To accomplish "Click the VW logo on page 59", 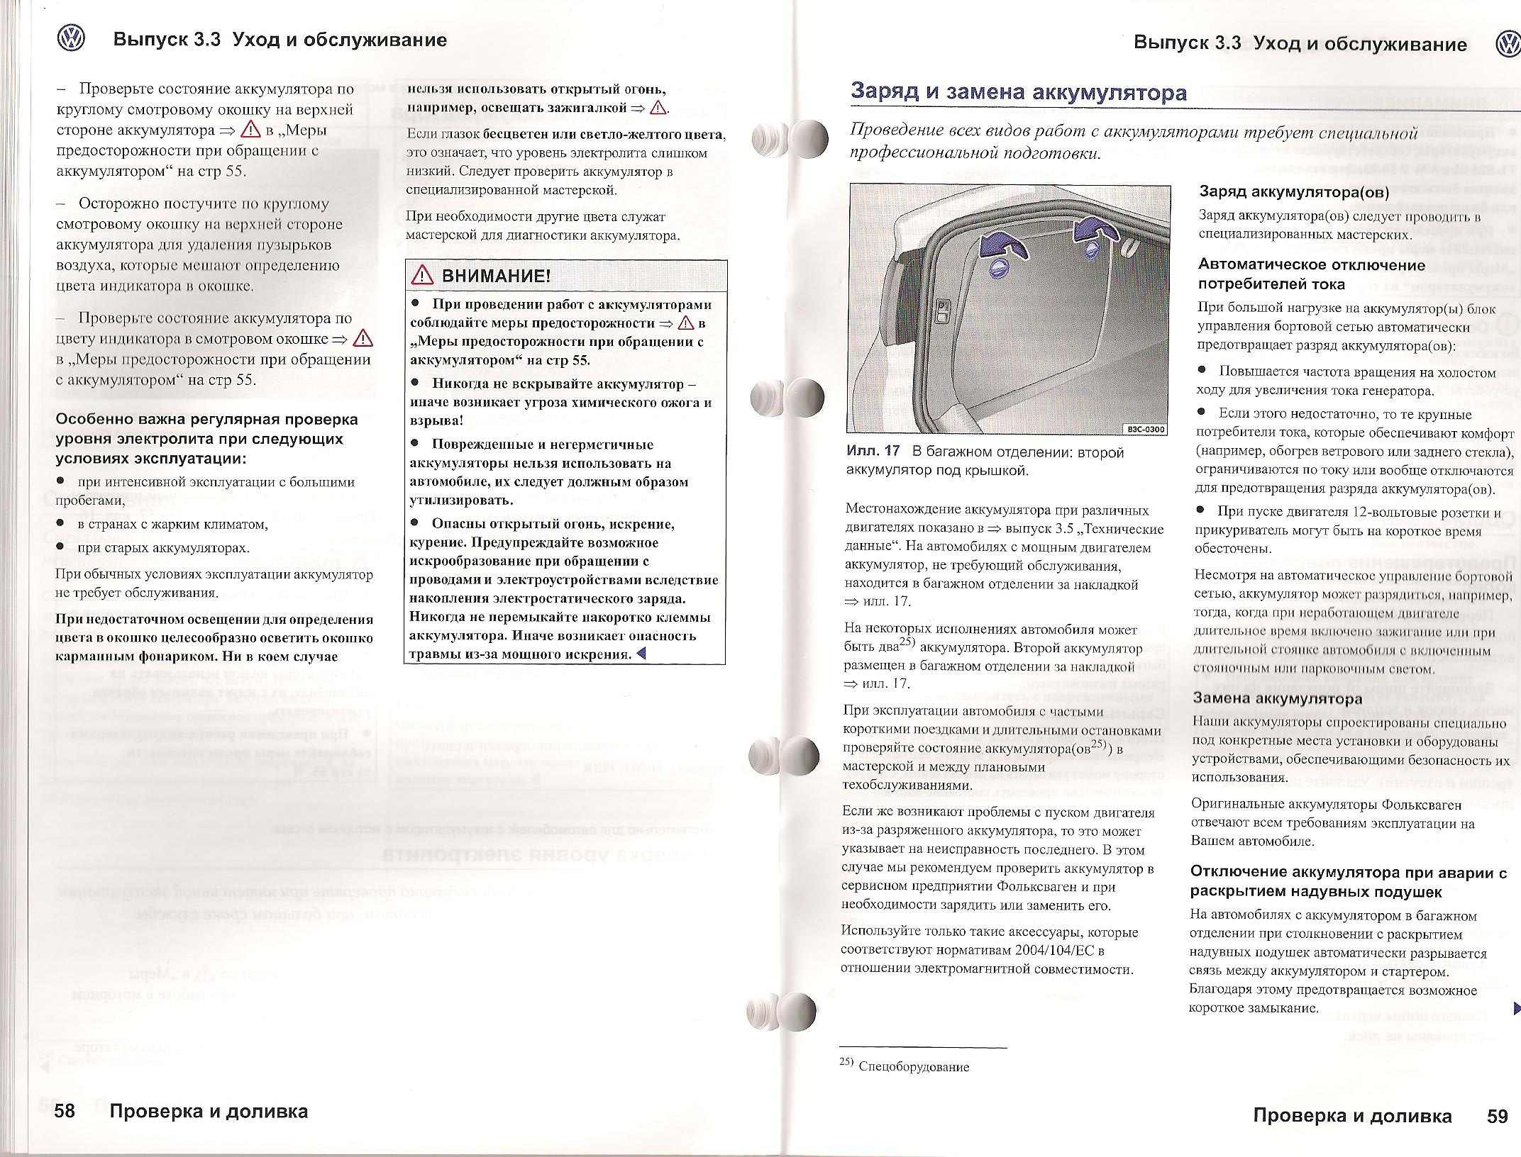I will tap(1508, 45).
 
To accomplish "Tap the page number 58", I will tap(65, 1111).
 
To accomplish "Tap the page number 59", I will tap(1497, 1116).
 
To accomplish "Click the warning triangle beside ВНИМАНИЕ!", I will tap(421, 276).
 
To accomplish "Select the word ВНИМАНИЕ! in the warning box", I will tap(496, 276).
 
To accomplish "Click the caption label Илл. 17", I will tap(873, 451).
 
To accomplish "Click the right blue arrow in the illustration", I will tap(1093, 230).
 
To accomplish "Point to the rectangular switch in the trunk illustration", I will tap(944, 310).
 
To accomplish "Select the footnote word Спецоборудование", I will tap(913, 1066).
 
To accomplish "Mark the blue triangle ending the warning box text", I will tap(641, 654).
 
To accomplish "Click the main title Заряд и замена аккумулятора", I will tap(1018, 92).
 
